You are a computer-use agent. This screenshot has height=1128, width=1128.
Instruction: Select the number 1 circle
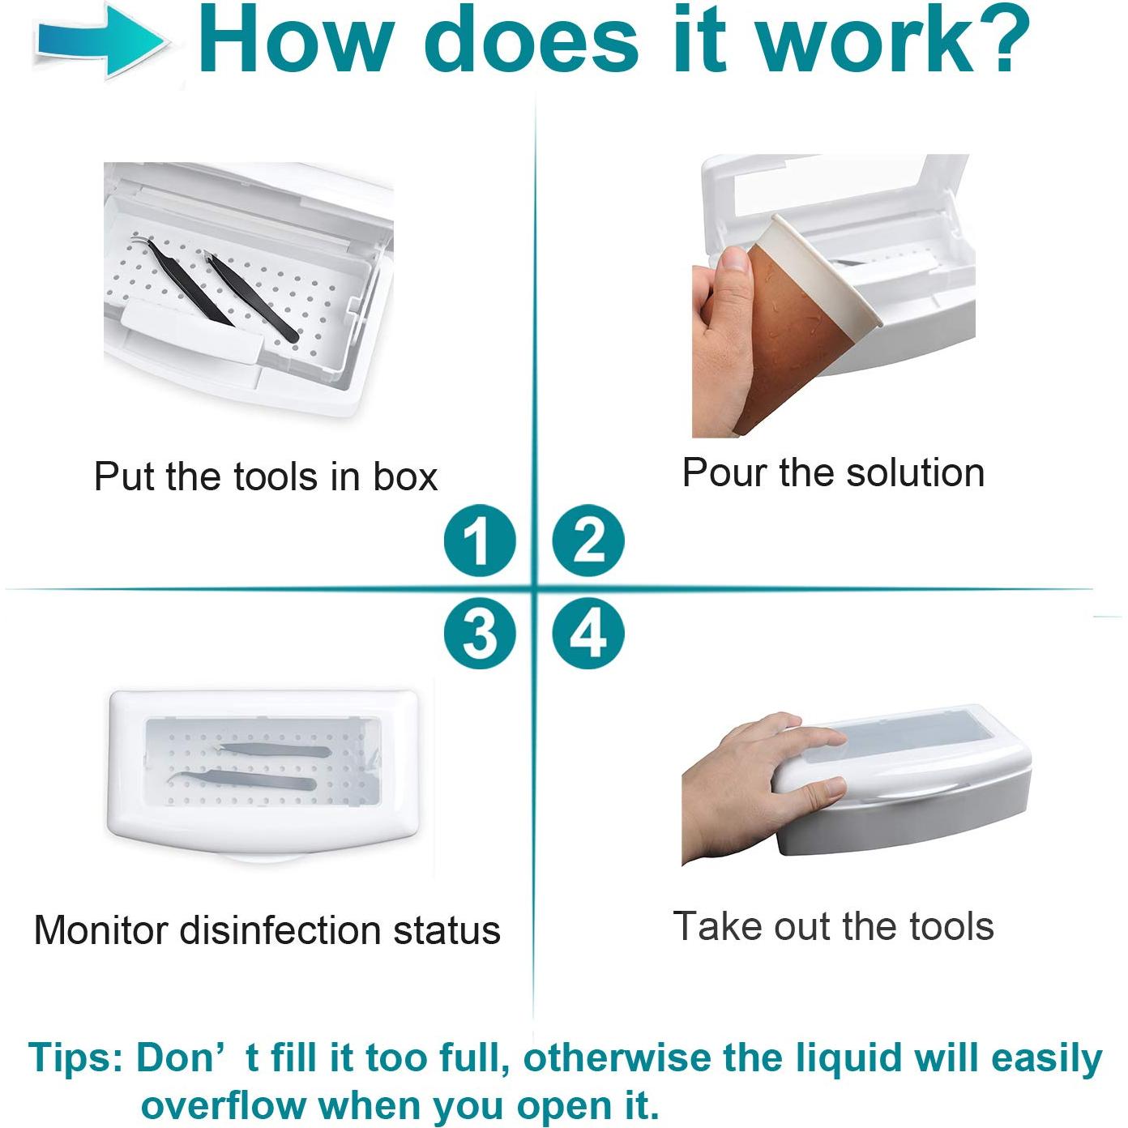480,540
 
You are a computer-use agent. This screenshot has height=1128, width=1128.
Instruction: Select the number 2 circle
588,540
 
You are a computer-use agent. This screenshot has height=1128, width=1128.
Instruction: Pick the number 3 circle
480,634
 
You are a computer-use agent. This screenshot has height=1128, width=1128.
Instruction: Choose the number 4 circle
588,634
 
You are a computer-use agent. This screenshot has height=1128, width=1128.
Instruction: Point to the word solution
915,472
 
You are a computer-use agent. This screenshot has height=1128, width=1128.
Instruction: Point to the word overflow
223,1090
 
